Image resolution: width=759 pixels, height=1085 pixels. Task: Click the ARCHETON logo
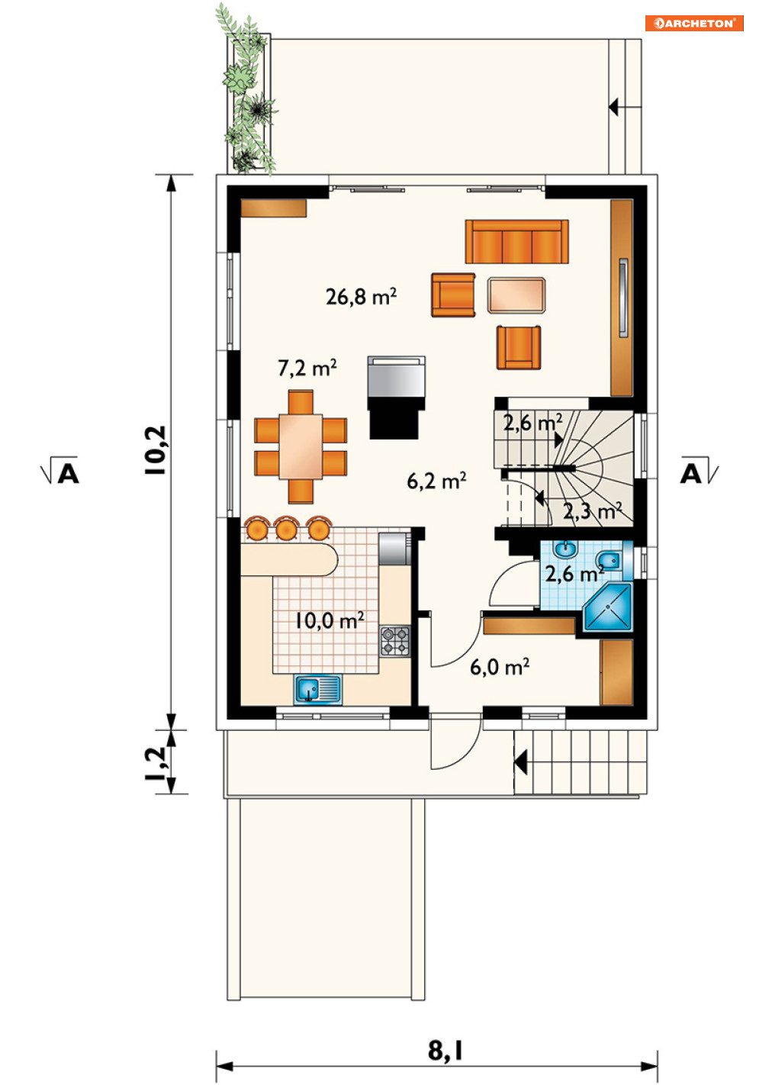click(x=693, y=23)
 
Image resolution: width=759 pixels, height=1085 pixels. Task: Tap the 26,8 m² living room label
click(x=362, y=296)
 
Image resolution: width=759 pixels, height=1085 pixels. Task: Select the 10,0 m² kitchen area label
click(x=330, y=620)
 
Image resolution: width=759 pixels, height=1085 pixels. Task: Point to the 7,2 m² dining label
click(x=307, y=368)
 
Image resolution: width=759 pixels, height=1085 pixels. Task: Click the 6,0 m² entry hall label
click(x=500, y=667)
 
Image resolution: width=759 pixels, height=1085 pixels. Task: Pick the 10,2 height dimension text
click(x=156, y=450)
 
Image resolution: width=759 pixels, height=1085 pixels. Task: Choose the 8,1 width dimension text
click(x=445, y=1051)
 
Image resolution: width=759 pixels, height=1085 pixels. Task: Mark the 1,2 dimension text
click(x=156, y=764)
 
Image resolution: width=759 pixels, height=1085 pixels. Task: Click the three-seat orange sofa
click(x=517, y=241)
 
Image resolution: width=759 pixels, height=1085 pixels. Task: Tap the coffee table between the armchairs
click(x=516, y=295)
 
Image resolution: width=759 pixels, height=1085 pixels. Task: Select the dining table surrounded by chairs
click(x=301, y=446)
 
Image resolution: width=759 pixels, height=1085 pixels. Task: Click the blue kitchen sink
click(x=318, y=689)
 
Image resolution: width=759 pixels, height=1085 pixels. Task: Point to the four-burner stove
click(x=395, y=642)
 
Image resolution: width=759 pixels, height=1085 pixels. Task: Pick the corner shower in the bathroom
click(x=609, y=607)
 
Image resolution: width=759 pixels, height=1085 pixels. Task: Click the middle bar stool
click(x=286, y=528)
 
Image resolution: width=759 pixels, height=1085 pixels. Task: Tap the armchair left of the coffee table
click(x=453, y=295)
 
